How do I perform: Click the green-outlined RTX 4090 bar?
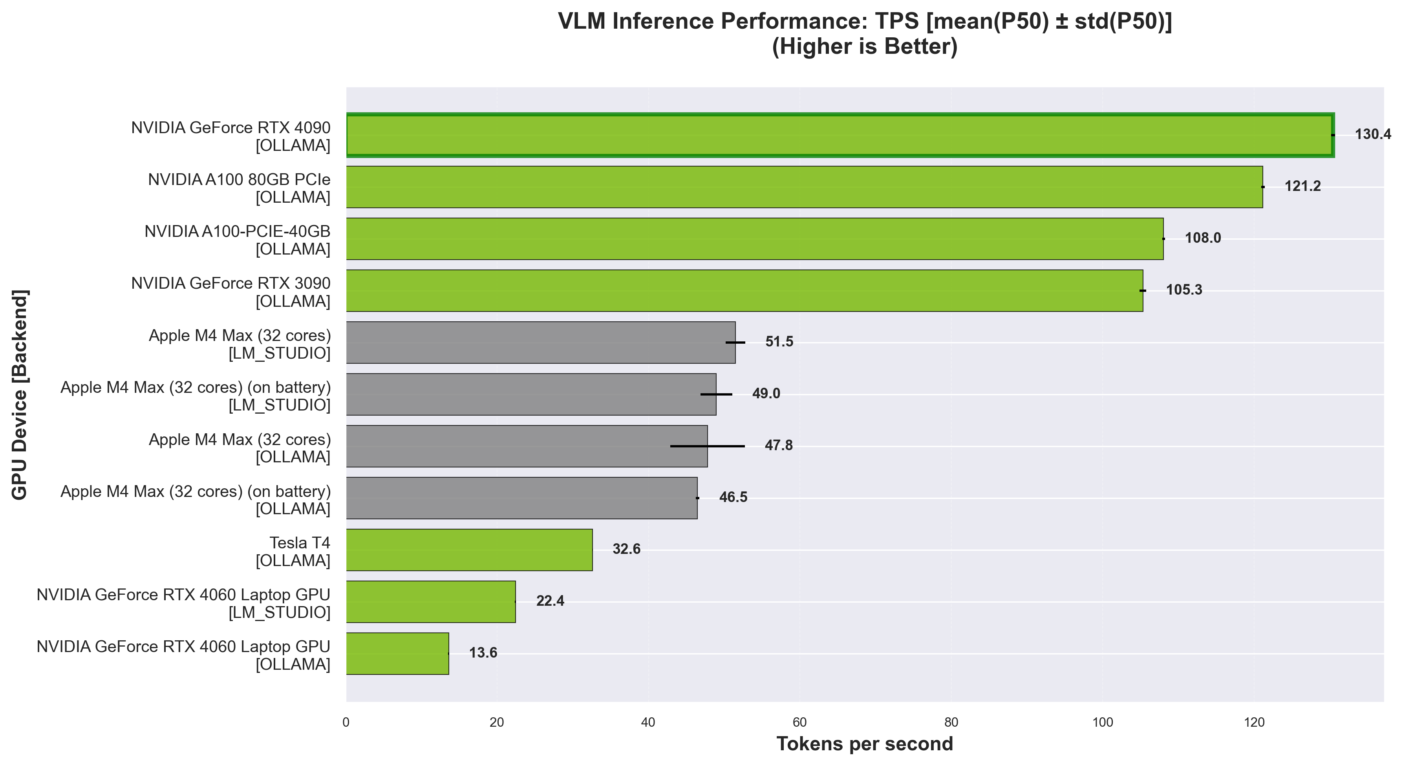(839, 135)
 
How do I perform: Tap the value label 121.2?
(1302, 186)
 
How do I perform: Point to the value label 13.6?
(483, 653)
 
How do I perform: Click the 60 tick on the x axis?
(799, 723)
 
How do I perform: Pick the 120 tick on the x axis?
(1254, 723)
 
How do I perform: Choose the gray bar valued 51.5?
(540, 342)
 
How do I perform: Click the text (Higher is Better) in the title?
(864, 47)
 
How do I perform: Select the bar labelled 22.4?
(430, 601)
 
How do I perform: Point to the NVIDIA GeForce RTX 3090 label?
(231, 292)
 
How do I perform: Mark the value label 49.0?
(766, 393)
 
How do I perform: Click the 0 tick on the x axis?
(346, 723)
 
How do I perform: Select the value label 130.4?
(1372, 134)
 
